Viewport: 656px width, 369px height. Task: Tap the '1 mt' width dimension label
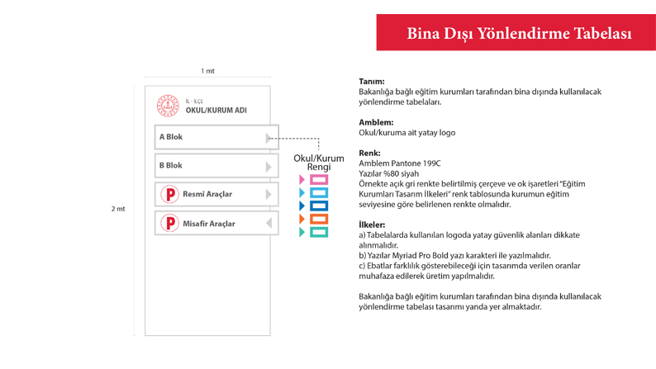coord(207,72)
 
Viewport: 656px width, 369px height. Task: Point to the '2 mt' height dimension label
coord(118,209)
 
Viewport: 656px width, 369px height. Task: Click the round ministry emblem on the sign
coord(168,106)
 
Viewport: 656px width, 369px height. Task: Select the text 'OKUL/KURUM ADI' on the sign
coord(216,111)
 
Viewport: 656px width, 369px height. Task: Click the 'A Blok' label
coord(171,137)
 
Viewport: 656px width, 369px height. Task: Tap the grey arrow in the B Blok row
coord(269,166)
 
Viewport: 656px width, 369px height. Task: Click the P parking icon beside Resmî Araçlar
coord(169,195)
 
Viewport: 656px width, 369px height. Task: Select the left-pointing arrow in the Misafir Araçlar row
coord(269,224)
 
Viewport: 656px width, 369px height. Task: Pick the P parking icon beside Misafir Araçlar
coord(169,224)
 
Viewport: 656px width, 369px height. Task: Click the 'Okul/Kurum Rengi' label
coord(319,163)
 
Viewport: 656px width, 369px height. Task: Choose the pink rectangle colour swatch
coord(319,179)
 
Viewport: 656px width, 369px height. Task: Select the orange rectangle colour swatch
coord(319,219)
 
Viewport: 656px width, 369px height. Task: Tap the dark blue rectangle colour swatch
coord(319,206)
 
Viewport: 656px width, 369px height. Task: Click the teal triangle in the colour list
coord(302,233)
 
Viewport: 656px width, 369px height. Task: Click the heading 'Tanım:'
coord(371,82)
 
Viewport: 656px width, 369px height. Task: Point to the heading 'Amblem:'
coord(376,122)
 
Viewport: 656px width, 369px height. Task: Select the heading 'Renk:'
coord(370,153)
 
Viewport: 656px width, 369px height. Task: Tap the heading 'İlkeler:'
coord(372,225)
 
